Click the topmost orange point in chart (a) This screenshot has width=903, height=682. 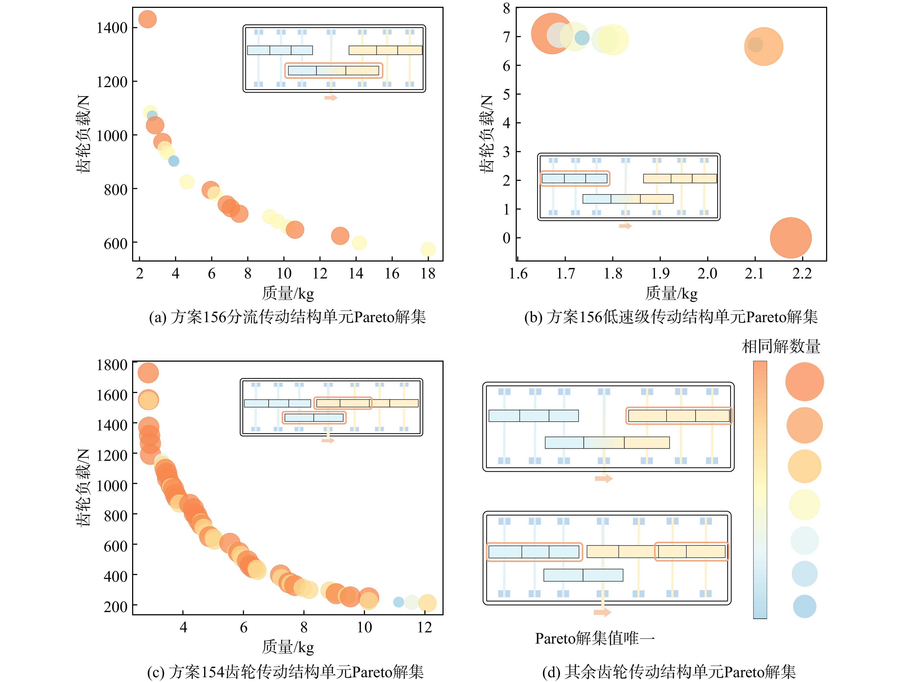click(147, 19)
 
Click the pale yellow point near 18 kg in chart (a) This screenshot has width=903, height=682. click(428, 249)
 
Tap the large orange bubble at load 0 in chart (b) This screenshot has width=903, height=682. click(791, 238)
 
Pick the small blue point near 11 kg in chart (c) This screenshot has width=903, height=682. click(398, 602)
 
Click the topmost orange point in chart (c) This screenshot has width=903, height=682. click(148, 373)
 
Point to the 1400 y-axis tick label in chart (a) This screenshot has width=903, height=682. click(112, 28)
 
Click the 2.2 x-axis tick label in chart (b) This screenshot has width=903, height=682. click(802, 273)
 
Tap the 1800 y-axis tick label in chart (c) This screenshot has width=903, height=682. click(112, 365)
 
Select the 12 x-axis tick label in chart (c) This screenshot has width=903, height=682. click(425, 627)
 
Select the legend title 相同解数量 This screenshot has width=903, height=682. click(780, 346)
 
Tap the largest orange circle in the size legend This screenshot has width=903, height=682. click(804, 382)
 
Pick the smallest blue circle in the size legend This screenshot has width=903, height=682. click(804, 606)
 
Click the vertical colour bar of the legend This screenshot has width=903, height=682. click(760, 489)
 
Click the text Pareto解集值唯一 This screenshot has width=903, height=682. click(595, 638)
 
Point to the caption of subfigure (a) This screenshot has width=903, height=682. click(287, 317)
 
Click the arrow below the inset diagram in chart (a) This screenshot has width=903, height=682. click(331, 98)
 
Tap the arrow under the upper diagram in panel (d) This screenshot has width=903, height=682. click(604, 478)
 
